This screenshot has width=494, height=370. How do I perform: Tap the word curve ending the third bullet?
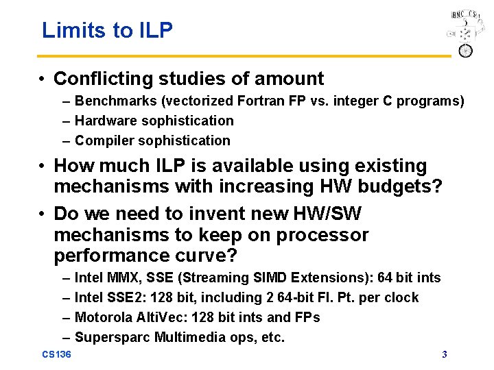click(x=208, y=256)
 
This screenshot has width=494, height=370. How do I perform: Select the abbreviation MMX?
click(x=123, y=277)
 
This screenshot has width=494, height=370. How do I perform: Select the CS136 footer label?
click(x=56, y=354)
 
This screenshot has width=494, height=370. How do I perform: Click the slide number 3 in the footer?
click(x=445, y=354)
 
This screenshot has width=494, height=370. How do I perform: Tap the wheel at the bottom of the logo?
click(x=465, y=50)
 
